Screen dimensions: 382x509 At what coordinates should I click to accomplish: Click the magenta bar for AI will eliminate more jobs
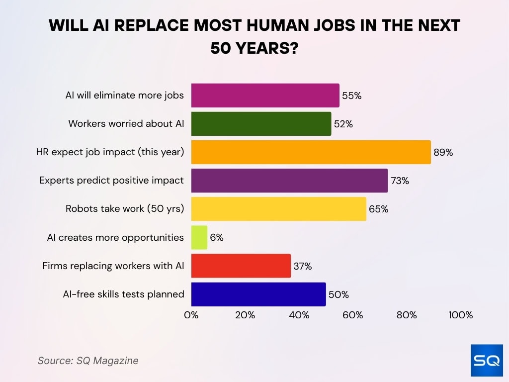click(x=265, y=95)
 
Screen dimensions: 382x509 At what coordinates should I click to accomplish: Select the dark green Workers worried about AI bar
click(x=261, y=124)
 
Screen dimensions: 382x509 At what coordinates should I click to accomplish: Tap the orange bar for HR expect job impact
click(x=311, y=152)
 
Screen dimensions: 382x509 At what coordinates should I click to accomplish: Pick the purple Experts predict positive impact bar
click(x=289, y=181)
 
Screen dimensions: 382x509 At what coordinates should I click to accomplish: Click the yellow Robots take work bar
click(x=278, y=209)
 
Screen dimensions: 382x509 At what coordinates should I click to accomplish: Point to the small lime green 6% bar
click(x=199, y=237)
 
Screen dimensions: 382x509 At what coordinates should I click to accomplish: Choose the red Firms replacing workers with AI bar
click(x=241, y=266)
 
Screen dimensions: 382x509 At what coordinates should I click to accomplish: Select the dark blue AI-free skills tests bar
click(x=258, y=294)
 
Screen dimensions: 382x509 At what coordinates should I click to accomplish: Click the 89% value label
click(x=443, y=153)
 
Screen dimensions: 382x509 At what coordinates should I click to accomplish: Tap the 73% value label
click(x=400, y=181)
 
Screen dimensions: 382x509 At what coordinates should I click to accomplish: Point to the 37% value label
click(x=302, y=267)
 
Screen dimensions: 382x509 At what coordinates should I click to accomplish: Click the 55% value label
click(x=351, y=96)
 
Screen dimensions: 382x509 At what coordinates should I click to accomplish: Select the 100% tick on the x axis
click(x=460, y=315)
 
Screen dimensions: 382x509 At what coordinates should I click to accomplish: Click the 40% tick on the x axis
click(x=299, y=315)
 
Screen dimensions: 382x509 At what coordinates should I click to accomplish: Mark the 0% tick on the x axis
click(x=191, y=315)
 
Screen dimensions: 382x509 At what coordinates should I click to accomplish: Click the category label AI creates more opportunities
click(x=115, y=238)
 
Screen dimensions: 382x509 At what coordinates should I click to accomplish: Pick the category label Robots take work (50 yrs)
click(x=125, y=209)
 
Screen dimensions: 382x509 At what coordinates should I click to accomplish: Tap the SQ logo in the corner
click(x=486, y=361)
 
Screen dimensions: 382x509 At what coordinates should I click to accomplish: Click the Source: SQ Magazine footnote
click(x=88, y=361)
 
